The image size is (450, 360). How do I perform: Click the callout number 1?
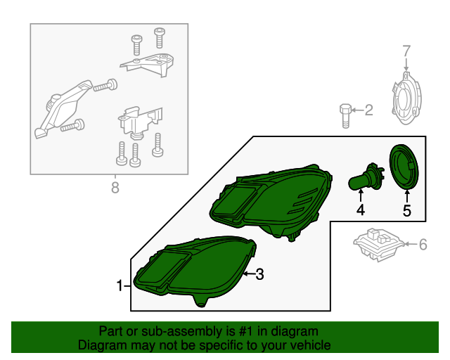coord(120,285)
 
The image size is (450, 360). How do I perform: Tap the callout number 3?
coord(259,274)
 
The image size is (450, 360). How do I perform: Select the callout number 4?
coord(361,210)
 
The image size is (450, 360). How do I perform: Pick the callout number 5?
coord(407,211)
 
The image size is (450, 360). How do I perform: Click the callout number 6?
coord(423,245)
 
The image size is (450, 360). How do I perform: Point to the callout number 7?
coord(406,51)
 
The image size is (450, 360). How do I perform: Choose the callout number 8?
coord(115,188)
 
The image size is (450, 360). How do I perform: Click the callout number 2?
coord(368,110)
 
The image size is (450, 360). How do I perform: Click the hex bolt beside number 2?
coord(345,116)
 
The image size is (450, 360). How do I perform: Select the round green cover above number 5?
coord(404,167)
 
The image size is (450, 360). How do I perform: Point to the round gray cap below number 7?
coord(406,98)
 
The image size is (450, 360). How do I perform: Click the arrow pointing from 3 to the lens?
coord(249,274)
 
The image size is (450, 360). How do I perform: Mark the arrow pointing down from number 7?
coord(406,64)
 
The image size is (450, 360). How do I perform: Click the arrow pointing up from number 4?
coord(361,196)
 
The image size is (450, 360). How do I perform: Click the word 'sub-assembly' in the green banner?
coord(182,332)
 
